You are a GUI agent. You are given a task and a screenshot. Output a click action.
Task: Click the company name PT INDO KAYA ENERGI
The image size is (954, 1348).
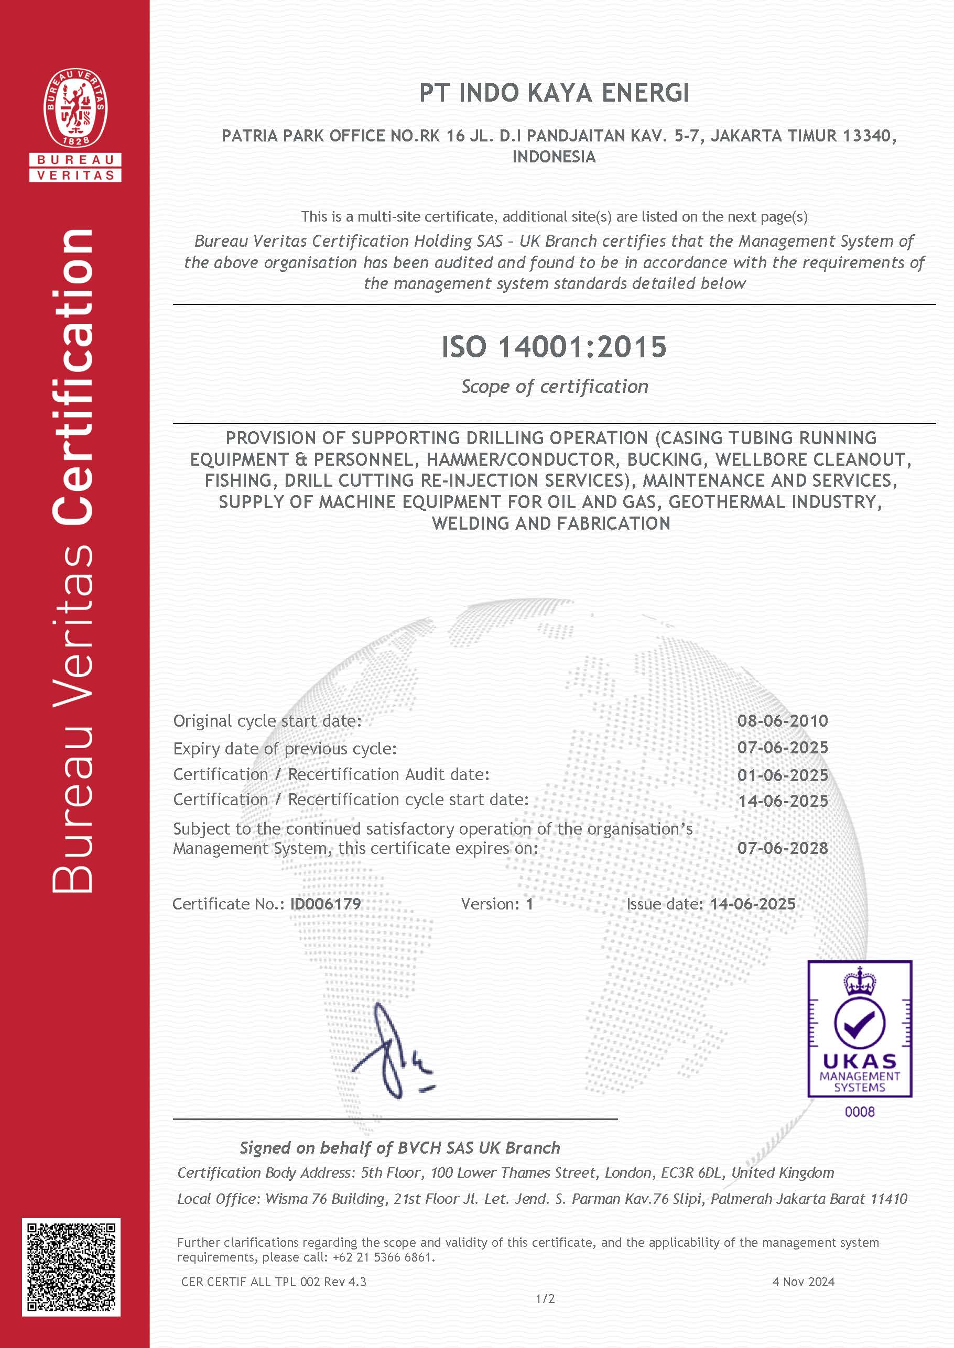click(554, 93)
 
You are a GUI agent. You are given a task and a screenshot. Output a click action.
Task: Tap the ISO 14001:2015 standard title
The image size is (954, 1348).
click(554, 346)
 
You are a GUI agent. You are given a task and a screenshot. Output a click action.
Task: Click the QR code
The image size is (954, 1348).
click(71, 1267)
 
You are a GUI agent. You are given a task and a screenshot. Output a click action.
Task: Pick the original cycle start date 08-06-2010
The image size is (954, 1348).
click(783, 720)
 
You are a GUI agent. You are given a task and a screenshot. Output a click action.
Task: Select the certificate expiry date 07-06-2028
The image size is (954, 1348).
click(783, 848)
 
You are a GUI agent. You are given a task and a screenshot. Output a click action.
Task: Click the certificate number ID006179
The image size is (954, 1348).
click(326, 904)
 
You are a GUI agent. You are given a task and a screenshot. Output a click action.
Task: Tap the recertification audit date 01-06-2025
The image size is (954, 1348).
click(783, 775)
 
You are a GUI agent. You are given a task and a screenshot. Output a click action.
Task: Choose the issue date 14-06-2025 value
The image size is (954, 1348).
click(753, 904)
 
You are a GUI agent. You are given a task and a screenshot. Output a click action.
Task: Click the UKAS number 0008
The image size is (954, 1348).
click(860, 1111)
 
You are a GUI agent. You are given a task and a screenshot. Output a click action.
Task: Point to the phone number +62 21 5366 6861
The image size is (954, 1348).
click(383, 1257)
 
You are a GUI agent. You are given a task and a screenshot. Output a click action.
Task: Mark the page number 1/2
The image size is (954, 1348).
click(545, 1299)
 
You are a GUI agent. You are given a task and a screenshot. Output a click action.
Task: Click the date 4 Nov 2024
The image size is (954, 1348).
click(803, 1281)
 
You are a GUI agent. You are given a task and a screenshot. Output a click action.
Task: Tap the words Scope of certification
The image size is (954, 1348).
click(554, 386)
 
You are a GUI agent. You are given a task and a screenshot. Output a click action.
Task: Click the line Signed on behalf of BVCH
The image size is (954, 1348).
click(399, 1147)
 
